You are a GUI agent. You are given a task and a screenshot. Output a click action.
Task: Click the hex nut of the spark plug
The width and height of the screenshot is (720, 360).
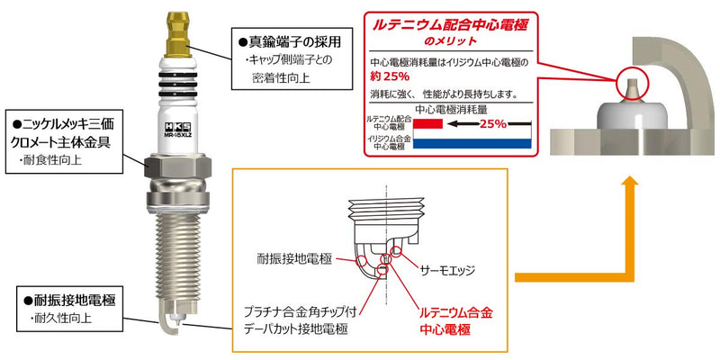click(x=177, y=166)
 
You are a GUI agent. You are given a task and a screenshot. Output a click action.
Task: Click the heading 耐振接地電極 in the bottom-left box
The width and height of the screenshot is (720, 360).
click(x=70, y=301)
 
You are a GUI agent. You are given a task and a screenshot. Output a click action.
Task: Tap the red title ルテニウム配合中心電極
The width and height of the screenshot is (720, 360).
click(x=450, y=26)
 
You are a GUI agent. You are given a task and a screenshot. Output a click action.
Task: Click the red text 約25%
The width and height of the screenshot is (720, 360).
click(x=390, y=74)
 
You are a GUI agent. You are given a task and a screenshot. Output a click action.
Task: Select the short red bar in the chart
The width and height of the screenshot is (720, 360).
click(x=428, y=123)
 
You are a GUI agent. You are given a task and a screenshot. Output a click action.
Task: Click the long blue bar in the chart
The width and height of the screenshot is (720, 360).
click(x=472, y=144)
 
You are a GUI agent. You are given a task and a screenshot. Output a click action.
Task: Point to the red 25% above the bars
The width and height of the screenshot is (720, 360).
click(x=492, y=123)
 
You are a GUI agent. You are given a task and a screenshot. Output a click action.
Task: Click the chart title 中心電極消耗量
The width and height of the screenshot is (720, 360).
click(x=451, y=110)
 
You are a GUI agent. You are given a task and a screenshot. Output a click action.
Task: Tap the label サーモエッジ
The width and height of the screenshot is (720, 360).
click(x=447, y=271)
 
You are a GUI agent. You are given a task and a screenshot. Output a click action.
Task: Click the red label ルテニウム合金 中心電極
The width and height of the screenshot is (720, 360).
click(x=457, y=321)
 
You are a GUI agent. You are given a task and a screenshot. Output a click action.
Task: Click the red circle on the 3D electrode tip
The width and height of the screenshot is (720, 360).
click(x=632, y=83)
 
